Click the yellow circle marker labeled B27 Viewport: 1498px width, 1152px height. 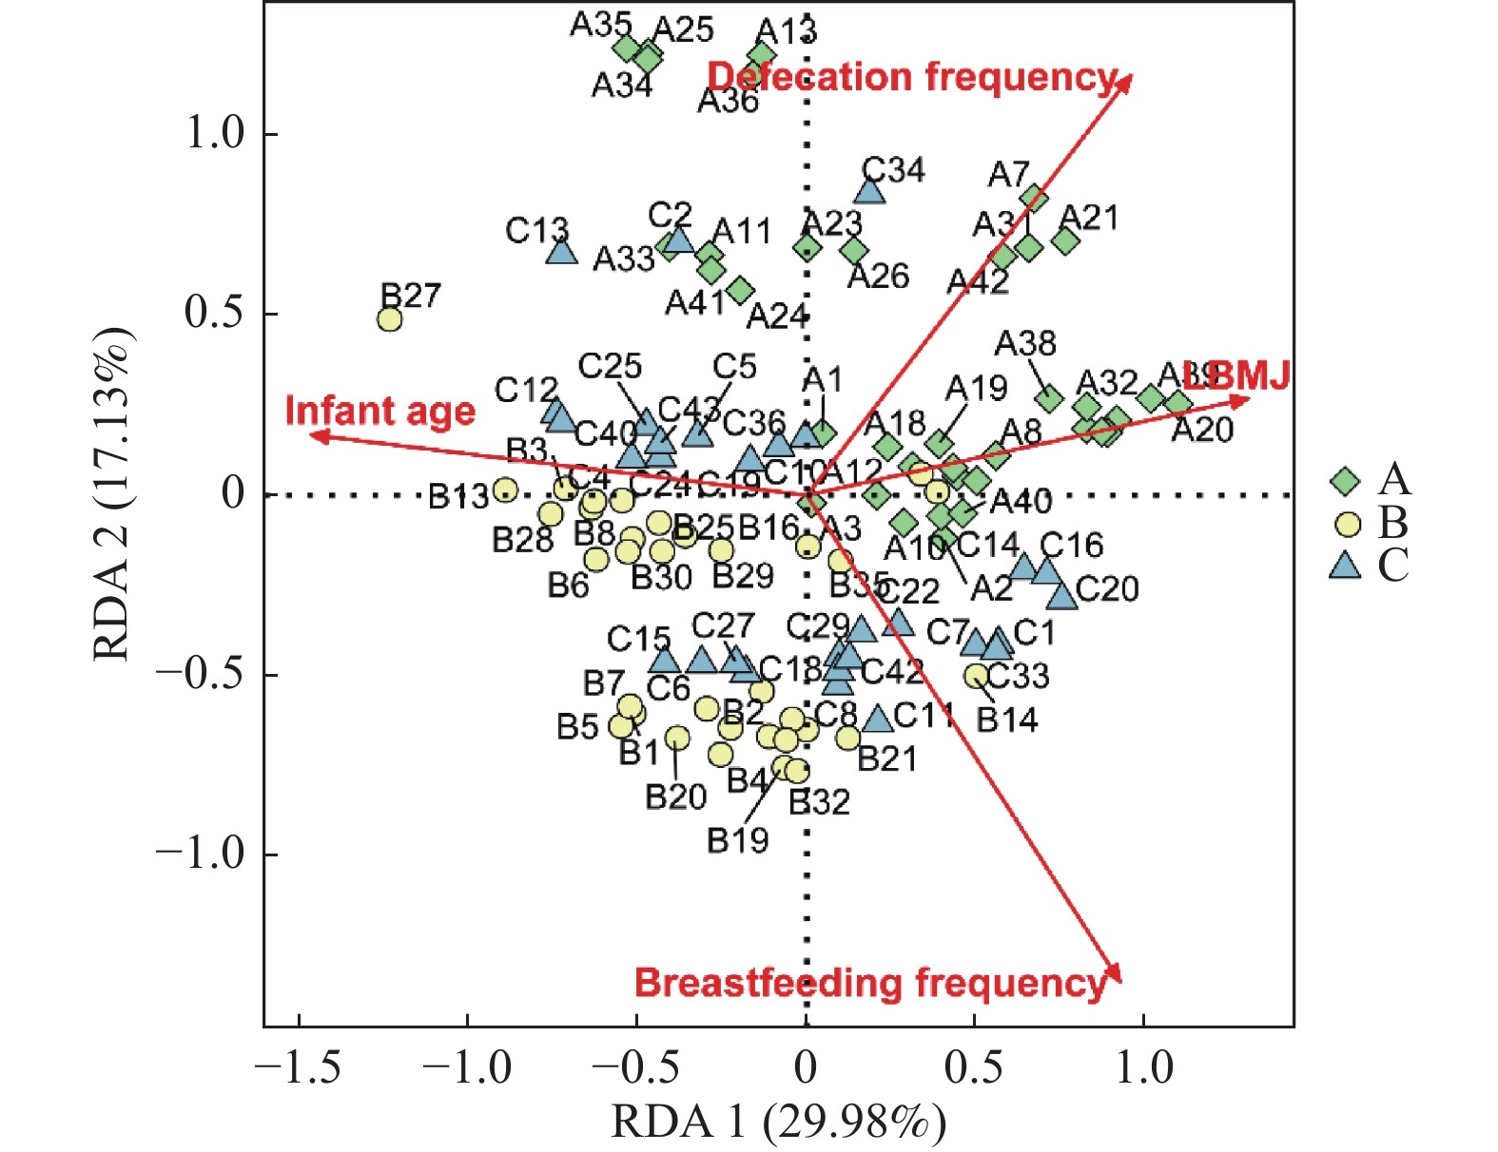389,319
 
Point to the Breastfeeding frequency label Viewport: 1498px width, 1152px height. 870,983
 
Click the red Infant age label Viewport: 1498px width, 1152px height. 379,412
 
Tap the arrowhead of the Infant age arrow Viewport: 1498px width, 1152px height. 317,436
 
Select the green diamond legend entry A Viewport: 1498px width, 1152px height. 1345,480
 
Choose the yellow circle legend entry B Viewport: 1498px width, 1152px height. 1347,524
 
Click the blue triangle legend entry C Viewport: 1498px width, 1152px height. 1345,566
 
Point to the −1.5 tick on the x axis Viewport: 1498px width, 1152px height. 299,1068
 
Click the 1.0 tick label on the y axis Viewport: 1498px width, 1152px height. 215,134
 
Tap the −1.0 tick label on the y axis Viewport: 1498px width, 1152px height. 200,854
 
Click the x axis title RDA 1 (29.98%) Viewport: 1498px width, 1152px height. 778,1122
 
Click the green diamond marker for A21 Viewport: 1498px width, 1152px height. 1065,241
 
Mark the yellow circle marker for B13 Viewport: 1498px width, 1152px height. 505,490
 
